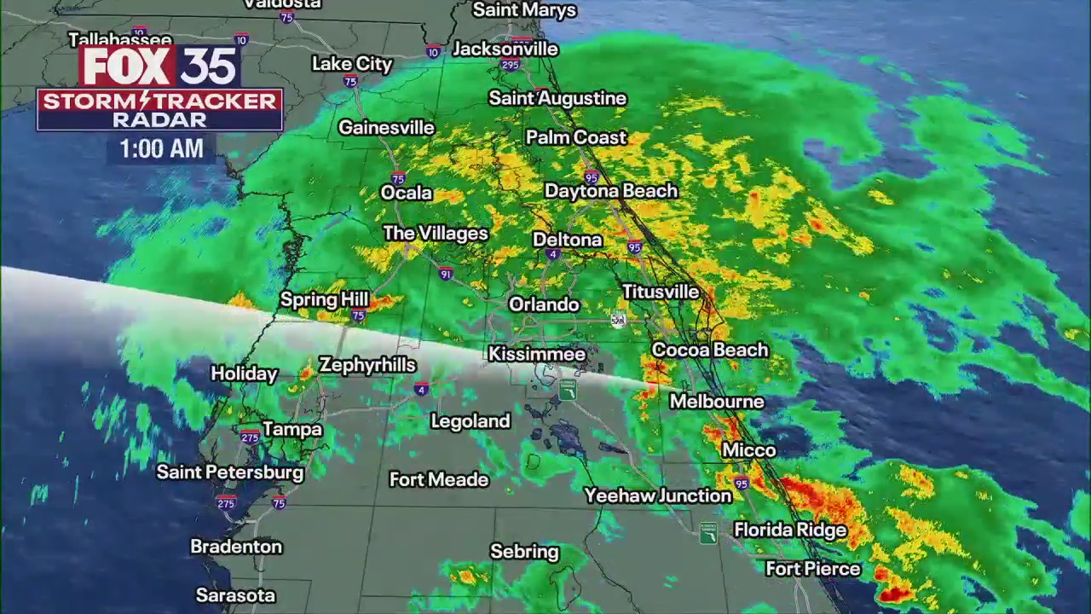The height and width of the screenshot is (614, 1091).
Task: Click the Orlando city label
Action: [x=544, y=304]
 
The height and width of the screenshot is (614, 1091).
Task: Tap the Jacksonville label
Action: [x=505, y=49]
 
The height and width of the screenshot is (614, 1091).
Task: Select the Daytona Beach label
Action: [x=611, y=191]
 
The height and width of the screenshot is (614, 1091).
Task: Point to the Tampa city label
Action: [x=292, y=429]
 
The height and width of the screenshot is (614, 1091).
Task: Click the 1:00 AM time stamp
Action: [x=161, y=149]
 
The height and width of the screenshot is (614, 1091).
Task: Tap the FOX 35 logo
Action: [x=160, y=66]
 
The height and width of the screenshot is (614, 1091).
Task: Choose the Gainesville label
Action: [x=386, y=128]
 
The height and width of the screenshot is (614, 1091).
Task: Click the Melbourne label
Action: [x=717, y=402]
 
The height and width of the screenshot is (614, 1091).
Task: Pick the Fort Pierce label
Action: [x=813, y=569]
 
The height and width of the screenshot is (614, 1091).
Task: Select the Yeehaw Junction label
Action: [x=658, y=495]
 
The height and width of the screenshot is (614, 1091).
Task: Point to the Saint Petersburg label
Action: [x=230, y=472]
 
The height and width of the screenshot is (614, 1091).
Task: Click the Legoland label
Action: [x=470, y=421]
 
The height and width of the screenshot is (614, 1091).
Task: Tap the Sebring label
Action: [x=524, y=552]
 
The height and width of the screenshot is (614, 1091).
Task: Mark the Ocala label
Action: [x=407, y=193]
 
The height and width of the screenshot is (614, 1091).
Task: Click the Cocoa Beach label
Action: [x=710, y=350]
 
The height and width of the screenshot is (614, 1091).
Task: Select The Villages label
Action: [x=436, y=234]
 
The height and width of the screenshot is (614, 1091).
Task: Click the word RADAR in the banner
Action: [x=159, y=119]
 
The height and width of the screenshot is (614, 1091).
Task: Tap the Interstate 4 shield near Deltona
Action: [x=553, y=255]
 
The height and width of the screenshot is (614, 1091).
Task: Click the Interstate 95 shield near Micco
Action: [x=742, y=484]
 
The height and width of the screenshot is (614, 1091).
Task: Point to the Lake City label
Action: [x=352, y=64]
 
